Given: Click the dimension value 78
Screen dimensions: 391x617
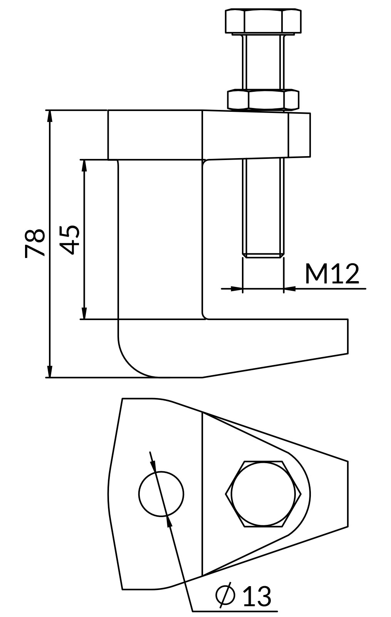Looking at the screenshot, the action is click(x=35, y=243).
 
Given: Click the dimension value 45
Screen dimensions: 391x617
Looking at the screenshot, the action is click(x=70, y=239).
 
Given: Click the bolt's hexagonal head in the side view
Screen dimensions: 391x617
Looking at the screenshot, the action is click(x=263, y=22).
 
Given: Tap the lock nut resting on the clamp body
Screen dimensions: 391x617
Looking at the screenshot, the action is click(x=263, y=99).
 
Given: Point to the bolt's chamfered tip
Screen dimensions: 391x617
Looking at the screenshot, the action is click(x=263, y=255).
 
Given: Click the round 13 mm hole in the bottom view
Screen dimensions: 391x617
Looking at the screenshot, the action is click(x=161, y=494).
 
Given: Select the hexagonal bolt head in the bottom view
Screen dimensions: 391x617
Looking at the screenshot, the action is click(x=263, y=494).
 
